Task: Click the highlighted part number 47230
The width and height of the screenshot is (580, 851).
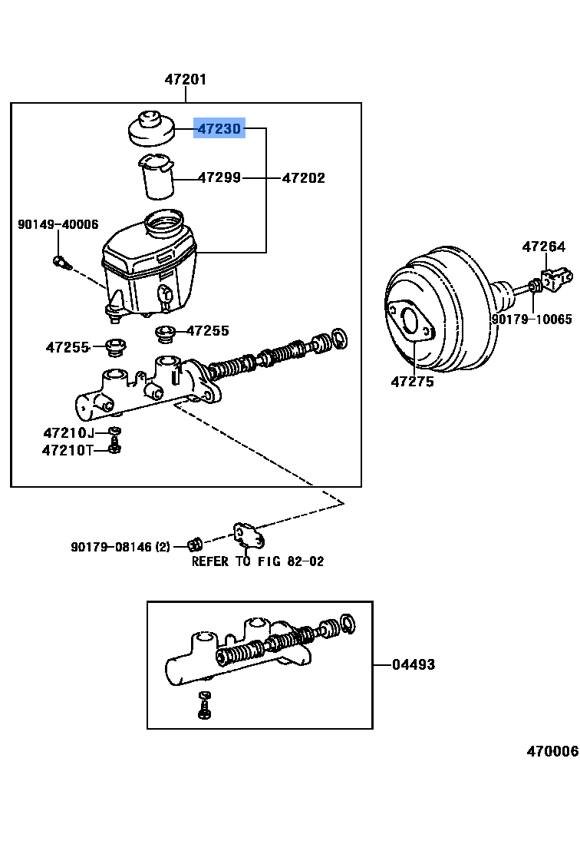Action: pyautogui.click(x=219, y=129)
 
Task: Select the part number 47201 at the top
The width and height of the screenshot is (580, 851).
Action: pyautogui.click(x=186, y=79)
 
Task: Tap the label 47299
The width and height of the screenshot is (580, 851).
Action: pyautogui.click(x=219, y=177)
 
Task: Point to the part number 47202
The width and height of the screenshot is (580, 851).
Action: pyautogui.click(x=303, y=177)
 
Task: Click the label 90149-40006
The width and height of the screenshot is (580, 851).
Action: pyautogui.click(x=58, y=224)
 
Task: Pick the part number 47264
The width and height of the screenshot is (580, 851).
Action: pyautogui.click(x=544, y=247)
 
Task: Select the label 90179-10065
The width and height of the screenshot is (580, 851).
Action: pyautogui.click(x=532, y=319)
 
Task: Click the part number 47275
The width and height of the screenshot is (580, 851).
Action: pyautogui.click(x=412, y=381)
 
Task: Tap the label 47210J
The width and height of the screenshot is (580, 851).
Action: pyautogui.click(x=68, y=432)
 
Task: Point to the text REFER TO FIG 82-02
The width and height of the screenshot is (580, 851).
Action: pyautogui.click(x=258, y=561)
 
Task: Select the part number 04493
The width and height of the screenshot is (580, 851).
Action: pyautogui.click(x=414, y=664)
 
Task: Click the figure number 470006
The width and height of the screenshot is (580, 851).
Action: pyautogui.click(x=552, y=751)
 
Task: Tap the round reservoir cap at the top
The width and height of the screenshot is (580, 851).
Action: pyautogui.click(x=150, y=129)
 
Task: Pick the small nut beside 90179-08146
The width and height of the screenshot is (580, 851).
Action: pyautogui.click(x=195, y=545)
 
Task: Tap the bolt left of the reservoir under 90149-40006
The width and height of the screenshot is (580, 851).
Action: pyautogui.click(x=62, y=263)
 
